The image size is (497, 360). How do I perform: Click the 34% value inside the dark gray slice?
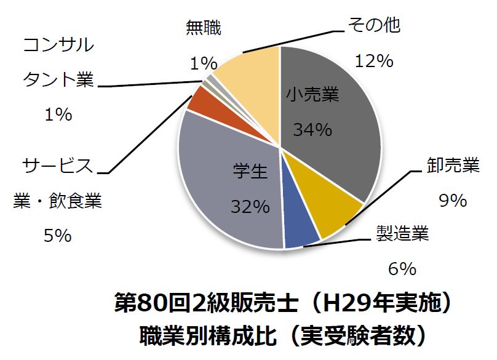click(x=312, y=130)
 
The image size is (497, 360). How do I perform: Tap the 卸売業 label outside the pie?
click(x=453, y=166)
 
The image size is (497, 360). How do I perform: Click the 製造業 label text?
click(x=402, y=234)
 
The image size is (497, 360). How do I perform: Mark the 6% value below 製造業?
click(x=402, y=268)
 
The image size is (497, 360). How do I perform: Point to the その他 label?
click(x=375, y=26)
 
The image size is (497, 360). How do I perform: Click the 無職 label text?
click(x=204, y=28)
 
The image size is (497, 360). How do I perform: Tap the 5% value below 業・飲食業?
click(x=58, y=235)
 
